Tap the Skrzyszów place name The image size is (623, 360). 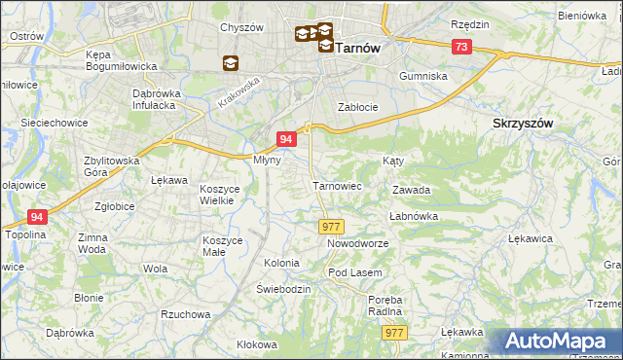(x=523, y=124)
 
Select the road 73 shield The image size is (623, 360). (x=461, y=47)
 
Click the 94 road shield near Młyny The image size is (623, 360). (x=286, y=140)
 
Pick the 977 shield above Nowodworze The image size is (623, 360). (x=329, y=226)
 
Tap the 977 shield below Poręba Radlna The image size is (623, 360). (x=394, y=333)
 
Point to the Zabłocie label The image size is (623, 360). (x=356, y=107)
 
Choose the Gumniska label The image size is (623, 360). (x=423, y=75)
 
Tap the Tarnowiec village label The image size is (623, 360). (x=337, y=185)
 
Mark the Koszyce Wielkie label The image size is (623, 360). (x=218, y=194)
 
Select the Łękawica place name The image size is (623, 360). (x=531, y=237)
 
